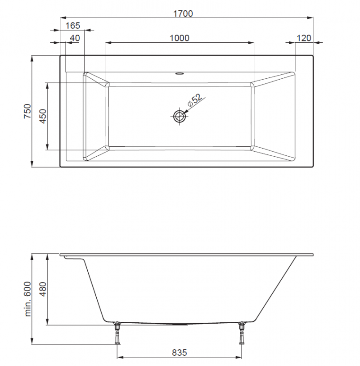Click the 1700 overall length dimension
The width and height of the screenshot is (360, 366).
tap(183, 14)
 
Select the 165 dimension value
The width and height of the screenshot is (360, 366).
tap(73, 26)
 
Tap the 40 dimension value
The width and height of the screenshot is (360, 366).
tap(75, 38)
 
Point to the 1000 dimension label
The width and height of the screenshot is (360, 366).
tap(179, 38)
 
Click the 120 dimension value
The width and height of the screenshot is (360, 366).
tap(304, 38)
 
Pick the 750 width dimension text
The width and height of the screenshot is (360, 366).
tap(27, 111)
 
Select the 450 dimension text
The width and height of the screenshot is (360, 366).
tap(43, 116)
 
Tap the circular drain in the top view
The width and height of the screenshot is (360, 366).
tap(180, 117)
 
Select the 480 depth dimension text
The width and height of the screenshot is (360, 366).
tap(43, 289)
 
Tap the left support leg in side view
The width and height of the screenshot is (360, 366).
tap(117, 333)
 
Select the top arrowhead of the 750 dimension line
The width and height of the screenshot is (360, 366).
tap(32, 59)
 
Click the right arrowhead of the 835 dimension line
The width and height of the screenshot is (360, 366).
tap(240, 358)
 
